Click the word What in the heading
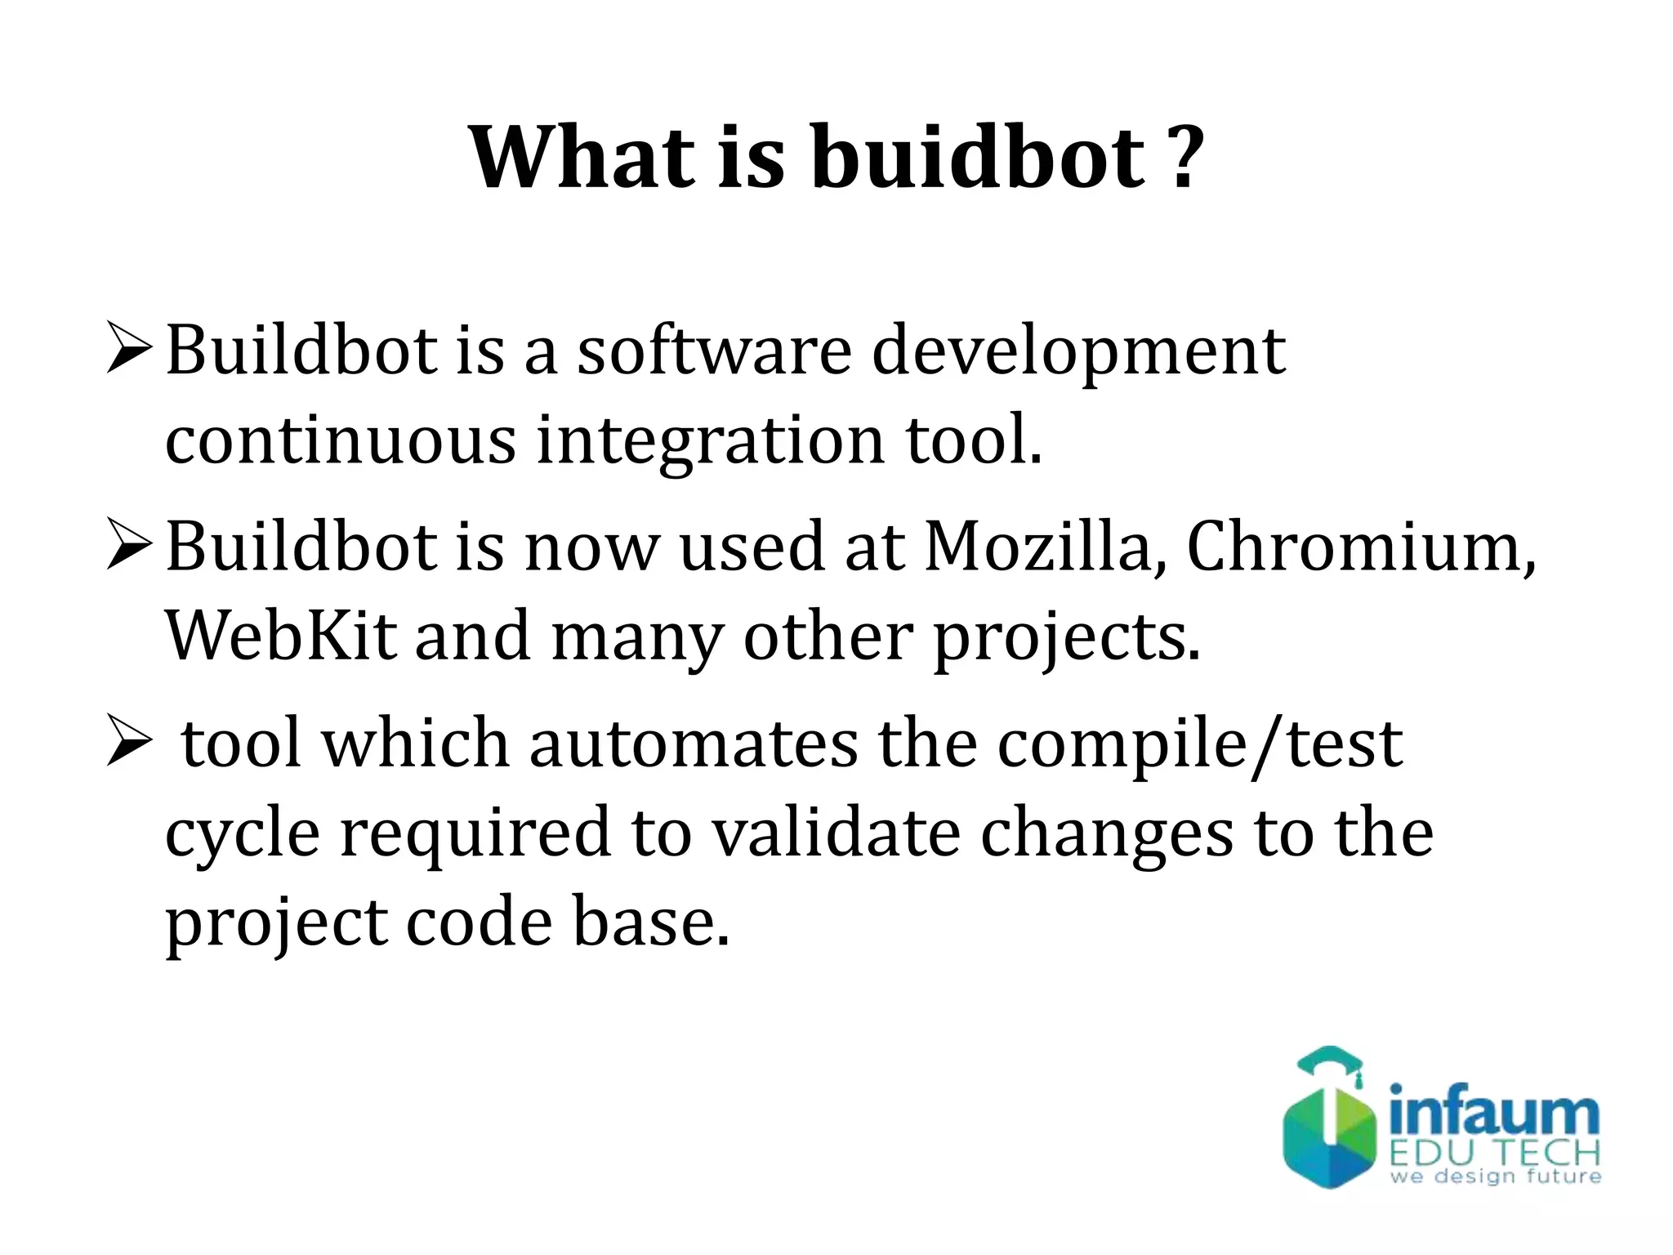coord(584,157)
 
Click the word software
coord(715,351)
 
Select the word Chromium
coord(1361,547)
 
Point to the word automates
coord(693,744)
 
